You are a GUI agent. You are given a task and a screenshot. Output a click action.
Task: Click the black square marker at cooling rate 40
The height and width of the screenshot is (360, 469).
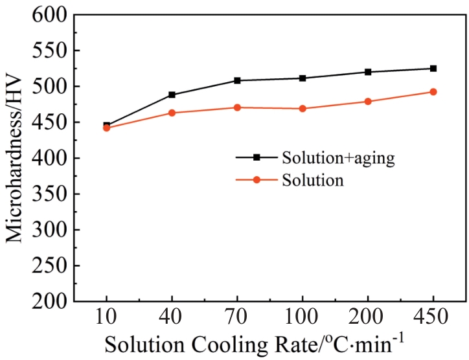tap(172, 95)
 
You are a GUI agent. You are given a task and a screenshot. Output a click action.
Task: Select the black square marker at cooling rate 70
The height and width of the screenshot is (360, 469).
tap(237, 80)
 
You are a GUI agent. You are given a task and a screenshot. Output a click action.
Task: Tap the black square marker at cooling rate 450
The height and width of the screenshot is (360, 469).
tap(433, 68)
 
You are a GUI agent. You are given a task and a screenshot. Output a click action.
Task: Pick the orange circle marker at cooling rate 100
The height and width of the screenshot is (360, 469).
tap(303, 109)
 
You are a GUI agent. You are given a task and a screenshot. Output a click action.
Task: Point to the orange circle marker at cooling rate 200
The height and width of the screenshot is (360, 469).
tap(368, 102)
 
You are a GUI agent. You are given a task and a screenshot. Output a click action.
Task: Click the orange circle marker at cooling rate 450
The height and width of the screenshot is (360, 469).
tap(433, 92)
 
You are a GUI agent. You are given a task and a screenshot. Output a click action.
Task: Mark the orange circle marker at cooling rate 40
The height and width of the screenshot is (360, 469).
tap(172, 113)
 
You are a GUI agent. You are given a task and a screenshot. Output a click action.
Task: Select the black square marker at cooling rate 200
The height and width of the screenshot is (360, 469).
tap(368, 72)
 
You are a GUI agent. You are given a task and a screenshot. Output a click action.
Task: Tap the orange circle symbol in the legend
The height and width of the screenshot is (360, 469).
tap(256, 180)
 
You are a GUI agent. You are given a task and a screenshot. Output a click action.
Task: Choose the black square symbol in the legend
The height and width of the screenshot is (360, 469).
tap(256, 157)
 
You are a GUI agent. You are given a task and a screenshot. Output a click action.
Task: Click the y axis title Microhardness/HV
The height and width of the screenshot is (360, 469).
tap(16, 159)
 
